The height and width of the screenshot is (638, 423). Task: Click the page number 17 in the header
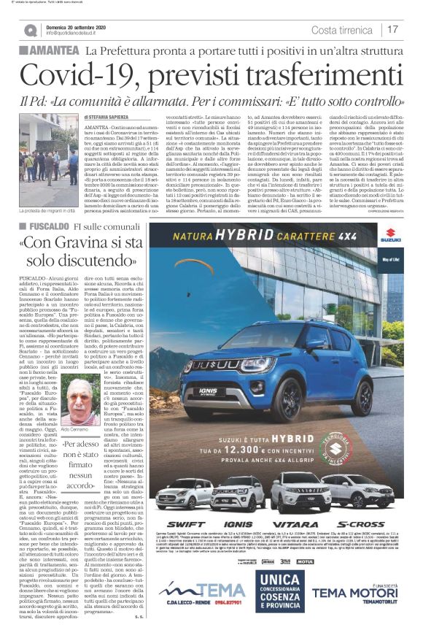[x=393, y=30]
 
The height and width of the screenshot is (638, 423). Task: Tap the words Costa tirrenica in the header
[x=344, y=30]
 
